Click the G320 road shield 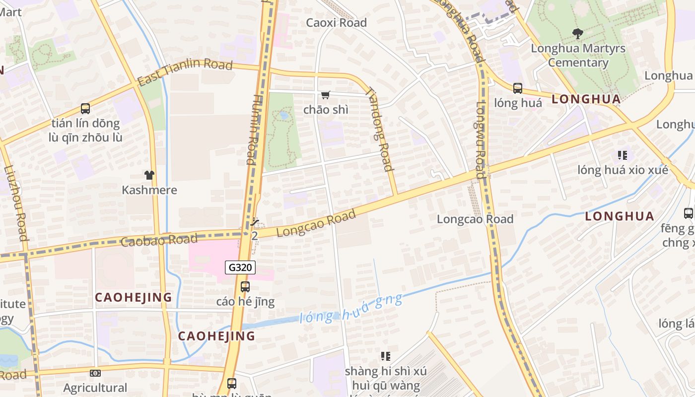click(x=241, y=267)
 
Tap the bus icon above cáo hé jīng click(x=245, y=286)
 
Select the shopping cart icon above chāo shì click(x=326, y=95)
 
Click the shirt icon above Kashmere click(x=149, y=175)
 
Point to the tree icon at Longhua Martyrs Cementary click(x=577, y=34)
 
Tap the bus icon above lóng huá click(x=518, y=88)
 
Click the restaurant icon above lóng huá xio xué click(x=623, y=155)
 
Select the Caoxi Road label click(x=336, y=22)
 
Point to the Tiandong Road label click(x=380, y=129)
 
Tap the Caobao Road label click(x=159, y=240)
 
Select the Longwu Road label click(x=480, y=140)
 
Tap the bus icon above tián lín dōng click(x=85, y=108)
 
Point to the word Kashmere click(x=149, y=190)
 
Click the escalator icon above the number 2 click(x=255, y=222)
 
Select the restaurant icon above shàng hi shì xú click(x=385, y=356)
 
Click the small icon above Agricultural click(x=95, y=373)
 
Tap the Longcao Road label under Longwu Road click(x=475, y=219)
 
